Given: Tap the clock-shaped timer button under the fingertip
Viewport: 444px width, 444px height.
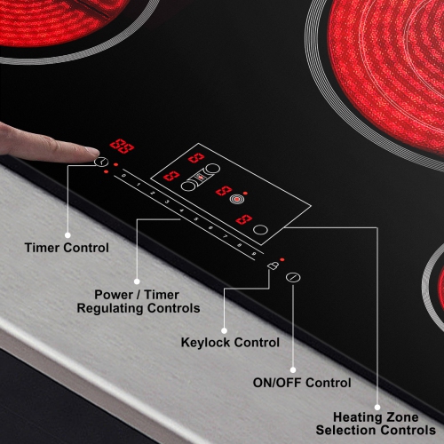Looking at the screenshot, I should coord(101,163).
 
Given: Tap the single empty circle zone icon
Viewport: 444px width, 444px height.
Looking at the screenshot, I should coord(259,231).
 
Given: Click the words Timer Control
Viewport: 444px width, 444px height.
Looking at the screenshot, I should coord(67,248).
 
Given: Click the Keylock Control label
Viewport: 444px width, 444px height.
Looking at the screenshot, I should coord(230,342).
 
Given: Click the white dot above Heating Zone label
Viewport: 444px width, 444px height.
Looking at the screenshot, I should coord(381,404).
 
